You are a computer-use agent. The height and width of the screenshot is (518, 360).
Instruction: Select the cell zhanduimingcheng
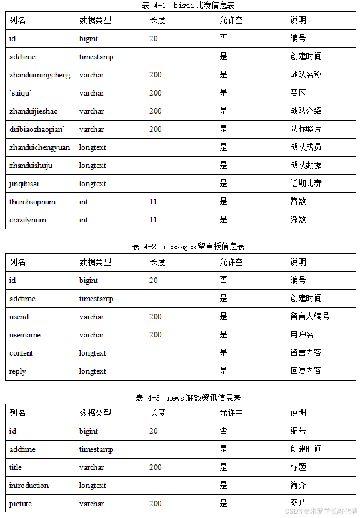40,75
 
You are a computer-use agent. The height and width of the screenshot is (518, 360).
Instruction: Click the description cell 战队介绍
306,111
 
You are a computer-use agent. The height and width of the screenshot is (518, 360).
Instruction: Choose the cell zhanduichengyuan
40,147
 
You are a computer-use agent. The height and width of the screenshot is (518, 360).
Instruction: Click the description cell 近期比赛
306,184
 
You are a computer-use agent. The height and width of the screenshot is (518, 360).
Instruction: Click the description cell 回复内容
306,371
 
